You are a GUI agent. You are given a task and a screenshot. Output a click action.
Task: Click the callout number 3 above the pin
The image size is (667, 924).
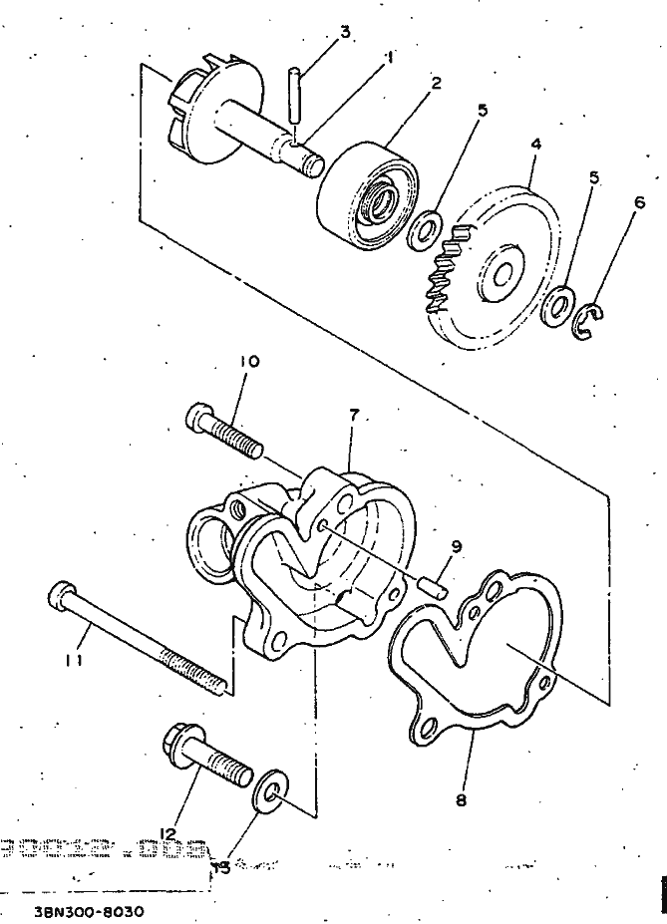[345, 33]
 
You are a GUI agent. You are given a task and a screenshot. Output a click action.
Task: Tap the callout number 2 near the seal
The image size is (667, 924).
[437, 83]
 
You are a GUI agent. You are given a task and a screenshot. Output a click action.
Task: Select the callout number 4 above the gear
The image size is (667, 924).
[535, 145]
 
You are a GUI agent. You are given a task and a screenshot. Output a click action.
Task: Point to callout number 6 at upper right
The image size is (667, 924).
[640, 201]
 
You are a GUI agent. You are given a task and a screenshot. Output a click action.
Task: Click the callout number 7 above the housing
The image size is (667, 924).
[354, 415]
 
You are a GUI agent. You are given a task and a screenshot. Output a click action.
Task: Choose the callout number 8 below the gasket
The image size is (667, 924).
[459, 797]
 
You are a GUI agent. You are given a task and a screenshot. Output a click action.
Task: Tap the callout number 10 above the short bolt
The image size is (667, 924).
[248, 363]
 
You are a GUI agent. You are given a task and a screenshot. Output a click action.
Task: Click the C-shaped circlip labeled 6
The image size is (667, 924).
[590, 321]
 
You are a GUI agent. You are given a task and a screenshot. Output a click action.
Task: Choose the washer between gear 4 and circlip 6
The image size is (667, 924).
[557, 305]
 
